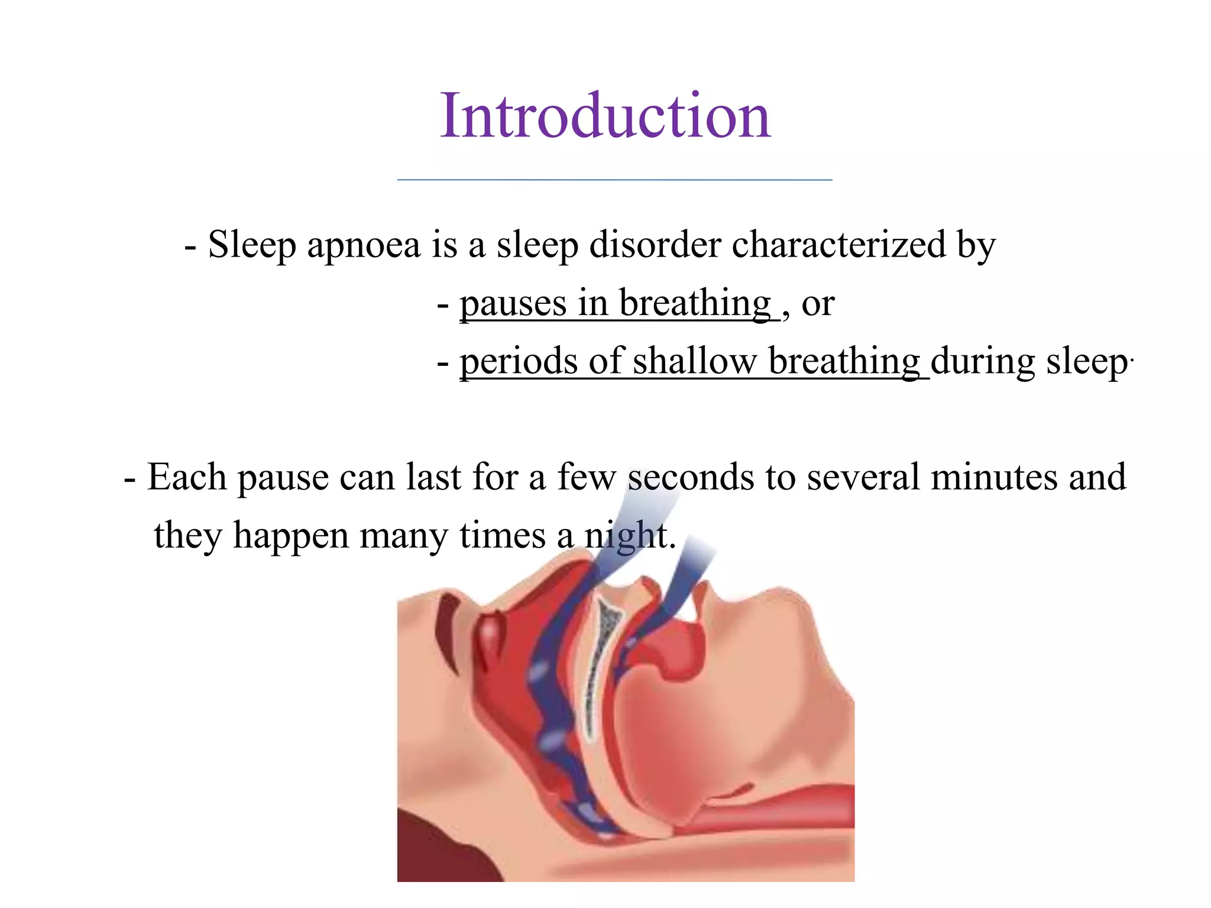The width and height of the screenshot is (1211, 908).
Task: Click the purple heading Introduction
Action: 605,116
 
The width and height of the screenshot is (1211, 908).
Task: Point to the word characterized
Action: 838,245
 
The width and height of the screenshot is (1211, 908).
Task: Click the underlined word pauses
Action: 513,304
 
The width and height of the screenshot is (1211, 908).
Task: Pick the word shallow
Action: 694,361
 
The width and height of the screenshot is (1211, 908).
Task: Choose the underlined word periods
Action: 519,361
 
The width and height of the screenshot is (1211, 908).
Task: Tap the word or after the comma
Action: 818,304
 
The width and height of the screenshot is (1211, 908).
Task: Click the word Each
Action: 187,477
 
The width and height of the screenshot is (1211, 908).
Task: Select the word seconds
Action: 691,477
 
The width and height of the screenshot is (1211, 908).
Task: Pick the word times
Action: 502,536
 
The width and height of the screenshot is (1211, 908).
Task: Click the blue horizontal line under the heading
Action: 614,179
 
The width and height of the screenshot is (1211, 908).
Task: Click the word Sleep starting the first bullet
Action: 252,245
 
